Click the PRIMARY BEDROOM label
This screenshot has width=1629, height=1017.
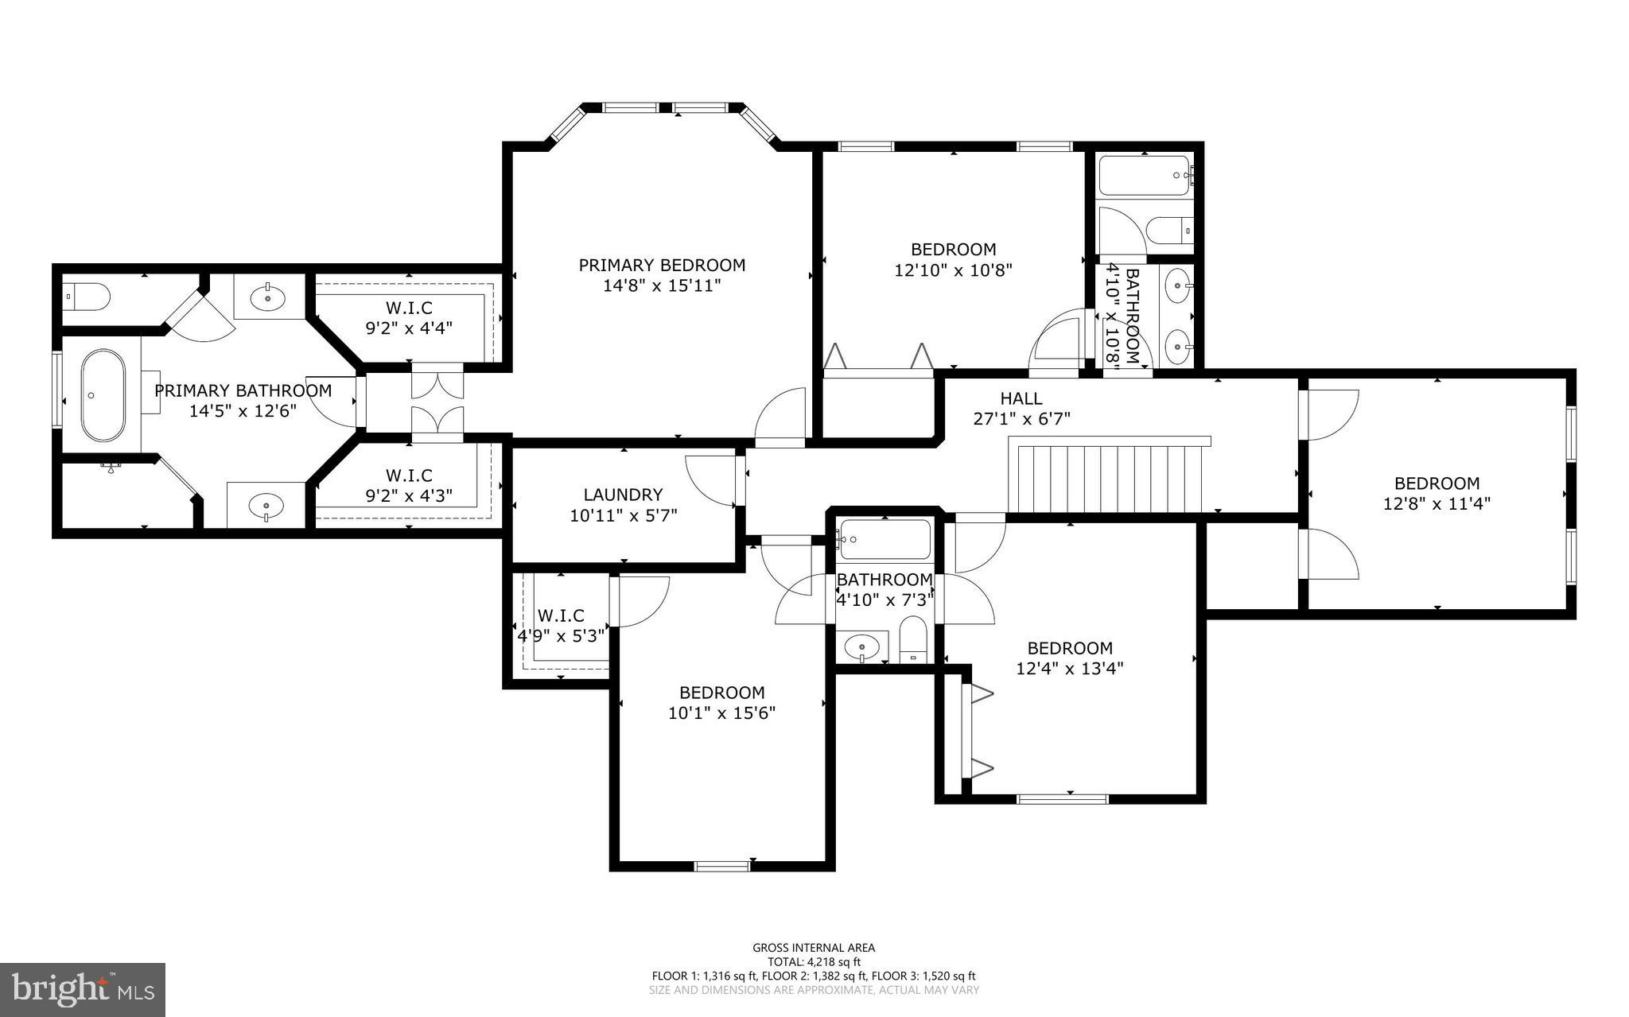[x=662, y=265]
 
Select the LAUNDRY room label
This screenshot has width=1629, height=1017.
[x=623, y=495]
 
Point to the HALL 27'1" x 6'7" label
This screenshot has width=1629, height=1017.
[x=1021, y=409]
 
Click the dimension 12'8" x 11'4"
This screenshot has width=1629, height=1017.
[x=1437, y=503]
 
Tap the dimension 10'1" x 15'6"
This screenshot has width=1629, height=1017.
[x=721, y=713]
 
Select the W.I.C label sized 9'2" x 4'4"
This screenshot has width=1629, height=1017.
[x=409, y=316]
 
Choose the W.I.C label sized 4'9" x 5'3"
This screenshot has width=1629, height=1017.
[x=561, y=626]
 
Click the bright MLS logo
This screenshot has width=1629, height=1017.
[x=83, y=989]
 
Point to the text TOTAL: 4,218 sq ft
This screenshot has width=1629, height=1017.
[x=814, y=961]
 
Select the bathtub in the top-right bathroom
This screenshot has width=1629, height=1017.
[x=1144, y=176]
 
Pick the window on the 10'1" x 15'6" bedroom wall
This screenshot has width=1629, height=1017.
[x=722, y=866]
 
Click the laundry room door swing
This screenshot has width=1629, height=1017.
[x=708, y=479]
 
